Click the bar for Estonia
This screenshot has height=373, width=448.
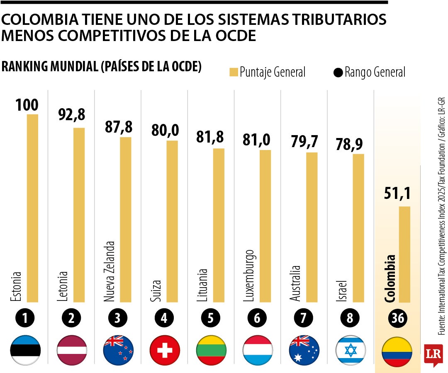tap(33, 207)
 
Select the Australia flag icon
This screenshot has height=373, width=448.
tap(304, 350)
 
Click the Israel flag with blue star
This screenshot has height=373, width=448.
tap(351, 350)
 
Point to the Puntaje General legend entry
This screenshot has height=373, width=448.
tap(268, 72)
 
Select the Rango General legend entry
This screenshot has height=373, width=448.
tap(369, 72)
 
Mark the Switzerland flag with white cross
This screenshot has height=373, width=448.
tap(165, 350)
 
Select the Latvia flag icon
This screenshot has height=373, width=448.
tap(72, 350)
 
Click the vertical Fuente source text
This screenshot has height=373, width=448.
tap(441, 216)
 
